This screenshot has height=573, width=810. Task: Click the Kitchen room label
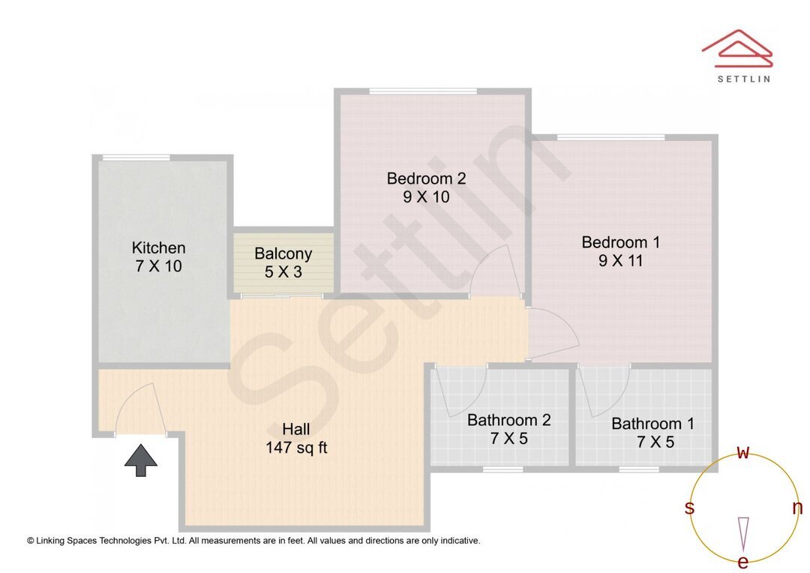(158, 247)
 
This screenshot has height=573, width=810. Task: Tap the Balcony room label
(283, 253)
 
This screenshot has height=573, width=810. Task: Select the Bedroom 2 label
(426, 178)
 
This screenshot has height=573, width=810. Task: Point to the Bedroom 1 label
(621, 242)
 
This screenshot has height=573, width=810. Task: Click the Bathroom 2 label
(508, 420)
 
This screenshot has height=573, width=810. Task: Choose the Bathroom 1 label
(652, 424)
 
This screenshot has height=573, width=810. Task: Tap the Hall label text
(296, 429)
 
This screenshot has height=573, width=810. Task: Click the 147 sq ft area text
(296, 448)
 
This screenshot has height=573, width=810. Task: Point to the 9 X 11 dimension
(621, 261)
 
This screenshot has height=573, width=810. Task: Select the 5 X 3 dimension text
(283, 271)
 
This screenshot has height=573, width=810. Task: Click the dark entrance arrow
(141, 460)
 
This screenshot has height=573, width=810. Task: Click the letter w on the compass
(743, 452)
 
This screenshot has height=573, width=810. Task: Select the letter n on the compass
(797, 508)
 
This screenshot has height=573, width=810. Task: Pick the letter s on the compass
(689, 508)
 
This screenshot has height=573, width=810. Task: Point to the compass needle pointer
(743, 534)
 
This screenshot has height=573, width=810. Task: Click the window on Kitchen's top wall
(136, 157)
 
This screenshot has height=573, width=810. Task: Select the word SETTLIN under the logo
(743, 78)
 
